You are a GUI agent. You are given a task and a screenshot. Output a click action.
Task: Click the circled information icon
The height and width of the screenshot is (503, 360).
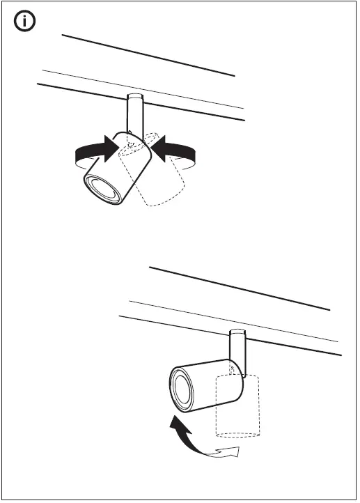pos(26,22)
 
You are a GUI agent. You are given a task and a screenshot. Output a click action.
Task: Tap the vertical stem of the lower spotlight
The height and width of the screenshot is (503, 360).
pos(237,347)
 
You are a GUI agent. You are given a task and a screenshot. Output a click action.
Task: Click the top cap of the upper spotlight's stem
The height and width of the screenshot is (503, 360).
pos(134,97)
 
